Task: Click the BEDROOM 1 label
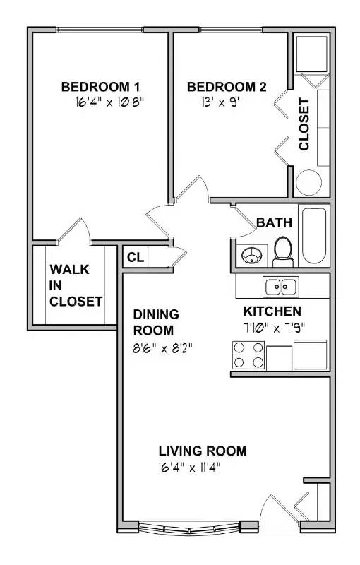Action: (100, 87)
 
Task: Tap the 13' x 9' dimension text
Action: (220, 102)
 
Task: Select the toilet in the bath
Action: (283, 251)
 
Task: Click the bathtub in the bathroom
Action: (314, 236)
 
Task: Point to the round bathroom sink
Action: (252, 256)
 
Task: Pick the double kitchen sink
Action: (281, 287)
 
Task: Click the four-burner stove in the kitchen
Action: (248, 355)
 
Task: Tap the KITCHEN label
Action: (272, 311)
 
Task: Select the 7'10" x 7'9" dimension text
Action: (274, 328)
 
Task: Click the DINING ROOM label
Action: (156, 322)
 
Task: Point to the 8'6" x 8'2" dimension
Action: (162, 348)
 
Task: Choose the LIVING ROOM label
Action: (203, 451)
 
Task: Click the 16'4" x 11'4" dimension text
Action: (189, 468)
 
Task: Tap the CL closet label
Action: (136, 257)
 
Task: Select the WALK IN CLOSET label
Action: (76, 285)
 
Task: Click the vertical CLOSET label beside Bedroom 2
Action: (304, 124)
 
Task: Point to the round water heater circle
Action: (308, 183)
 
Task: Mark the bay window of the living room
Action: (189, 528)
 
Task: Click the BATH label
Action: (275, 222)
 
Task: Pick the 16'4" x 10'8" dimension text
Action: (110, 102)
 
